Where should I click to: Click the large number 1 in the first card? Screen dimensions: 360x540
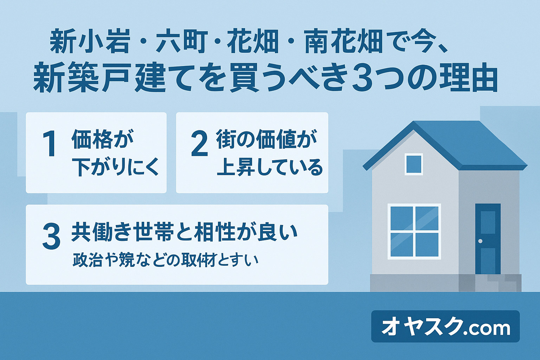click(50, 144)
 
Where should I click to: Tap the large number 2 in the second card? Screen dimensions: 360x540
click(199, 144)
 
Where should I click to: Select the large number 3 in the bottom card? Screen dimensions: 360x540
click(51, 237)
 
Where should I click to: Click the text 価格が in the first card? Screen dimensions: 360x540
click(102, 139)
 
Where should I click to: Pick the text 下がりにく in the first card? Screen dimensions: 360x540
click(115, 167)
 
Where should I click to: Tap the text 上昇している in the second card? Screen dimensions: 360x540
click(270, 167)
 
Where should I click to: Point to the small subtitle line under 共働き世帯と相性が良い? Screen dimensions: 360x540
click(165, 261)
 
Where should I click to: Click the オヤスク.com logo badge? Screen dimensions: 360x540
click(445, 327)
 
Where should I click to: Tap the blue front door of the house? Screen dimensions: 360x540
click(488, 239)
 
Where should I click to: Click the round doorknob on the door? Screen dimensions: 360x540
click(480, 241)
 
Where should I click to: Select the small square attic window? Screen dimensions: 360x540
click(414, 164)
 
